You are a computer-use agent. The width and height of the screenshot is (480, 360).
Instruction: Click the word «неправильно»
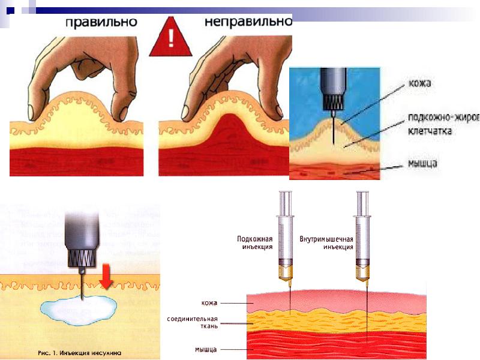[x=247, y=23]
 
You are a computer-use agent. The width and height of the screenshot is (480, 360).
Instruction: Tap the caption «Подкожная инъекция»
[x=255, y=242]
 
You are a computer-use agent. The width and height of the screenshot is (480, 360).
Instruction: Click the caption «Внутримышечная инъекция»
[x=326, y=242]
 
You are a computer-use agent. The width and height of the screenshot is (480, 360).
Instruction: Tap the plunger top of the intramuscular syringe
[x=361, y=193]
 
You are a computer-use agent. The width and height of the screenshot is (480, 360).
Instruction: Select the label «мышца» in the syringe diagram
[x=205, y=349]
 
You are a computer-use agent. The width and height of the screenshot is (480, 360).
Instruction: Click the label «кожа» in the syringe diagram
[x=209, y=303]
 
